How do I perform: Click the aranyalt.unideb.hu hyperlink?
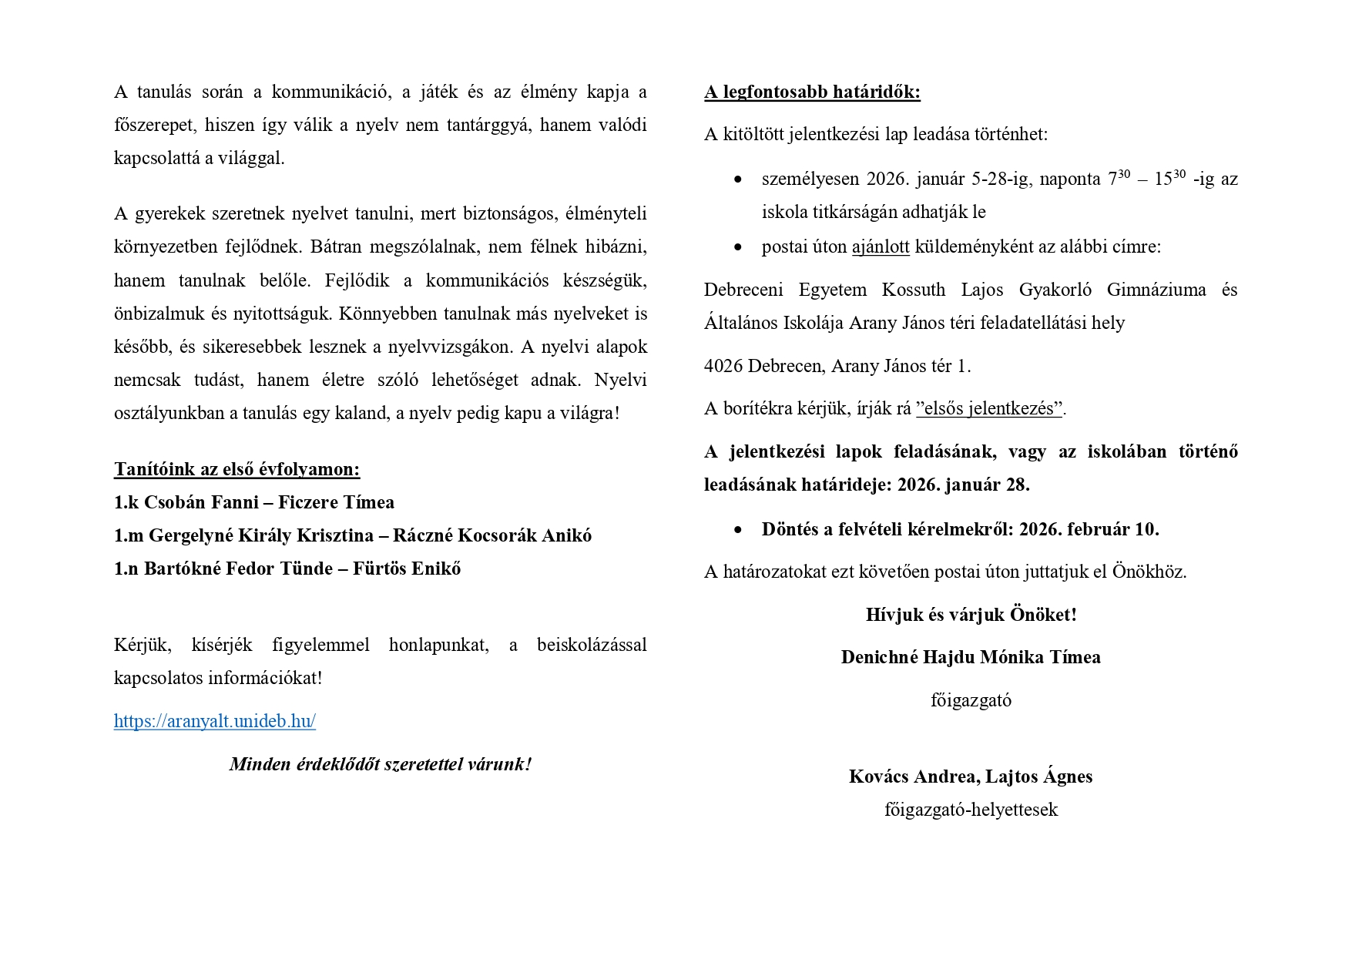(x=214, y=721)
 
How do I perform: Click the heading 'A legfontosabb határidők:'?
(x=812, y=92)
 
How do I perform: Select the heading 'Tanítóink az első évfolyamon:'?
(x=237, y=469)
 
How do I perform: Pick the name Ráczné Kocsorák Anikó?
(x=491, y=535)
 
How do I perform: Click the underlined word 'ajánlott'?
(x=881, y=247)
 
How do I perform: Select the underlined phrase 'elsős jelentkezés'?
(x=989, y=408)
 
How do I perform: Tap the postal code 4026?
(x=723, y=366)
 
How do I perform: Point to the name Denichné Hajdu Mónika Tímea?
(x=971, y=657)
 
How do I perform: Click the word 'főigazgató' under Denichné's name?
(x=971, y=700)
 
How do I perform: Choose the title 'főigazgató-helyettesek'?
(x=971, y=810)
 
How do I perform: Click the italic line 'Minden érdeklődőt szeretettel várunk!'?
(x=381, y=764)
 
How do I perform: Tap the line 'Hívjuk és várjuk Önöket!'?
(x=971, y=615)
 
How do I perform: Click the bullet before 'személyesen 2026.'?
(x=739, y=179)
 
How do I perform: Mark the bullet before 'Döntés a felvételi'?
(x=739, y=530)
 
